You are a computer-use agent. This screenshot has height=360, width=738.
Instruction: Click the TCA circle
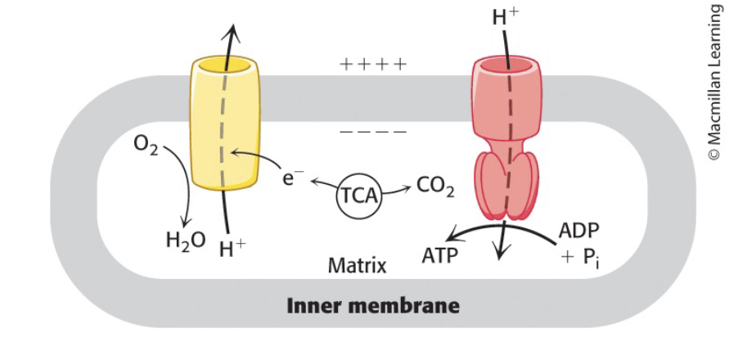[x=360, y=196]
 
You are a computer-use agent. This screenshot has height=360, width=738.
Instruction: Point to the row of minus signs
[x=373, y=131]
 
